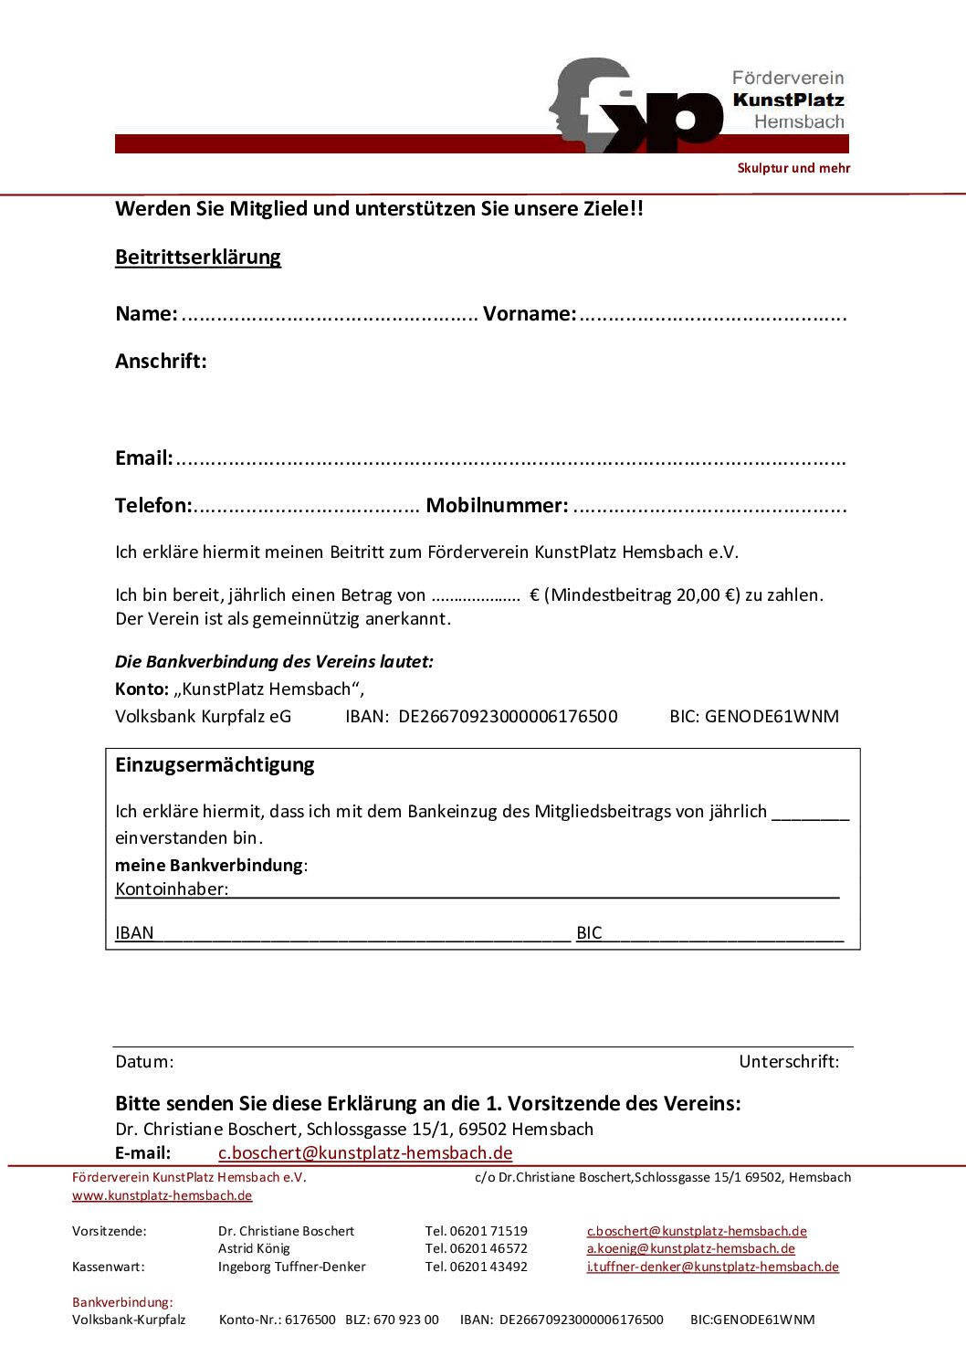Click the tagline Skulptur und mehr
[x=793, y=168]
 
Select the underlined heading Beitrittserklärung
[x=198, y=258]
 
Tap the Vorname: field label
[x=530, y=314]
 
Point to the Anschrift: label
[x=161, y=362]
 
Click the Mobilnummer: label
[x=497, y=506]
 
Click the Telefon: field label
[x=153, y=506]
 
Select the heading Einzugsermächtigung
[x=215, y=765]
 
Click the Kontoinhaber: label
[x=172, y=889]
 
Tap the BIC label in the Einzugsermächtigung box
[x=589, y=933]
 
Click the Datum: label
[x=144, y=1062]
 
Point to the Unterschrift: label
[x=789, y=1062]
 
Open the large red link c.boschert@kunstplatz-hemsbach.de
[x=365, y=1153]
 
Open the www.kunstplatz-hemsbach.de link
[x=162, y=1196]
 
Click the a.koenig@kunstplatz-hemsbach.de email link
[x=690, y=1249]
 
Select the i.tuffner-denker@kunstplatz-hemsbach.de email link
[x=712, y=1267]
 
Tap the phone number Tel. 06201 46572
[x=476, y=1249]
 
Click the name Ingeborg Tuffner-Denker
[x=291, y=1267]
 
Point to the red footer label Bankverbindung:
[x=122, y=1303]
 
